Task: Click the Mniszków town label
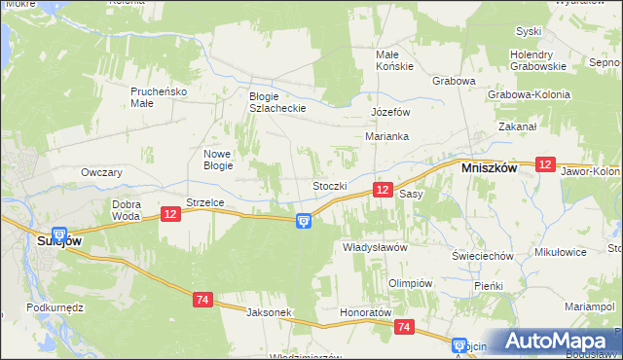click(488, 166)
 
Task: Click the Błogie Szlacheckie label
click(278, 101)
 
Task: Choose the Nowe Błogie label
click(217, 160)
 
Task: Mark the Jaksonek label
click(270, 312)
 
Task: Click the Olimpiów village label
click(409, 282)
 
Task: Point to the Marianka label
click(386, 136)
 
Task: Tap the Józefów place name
click(388, 112)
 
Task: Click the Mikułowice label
click(560, 252)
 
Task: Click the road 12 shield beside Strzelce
click(169, 213)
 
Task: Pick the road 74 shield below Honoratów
click(404, 329)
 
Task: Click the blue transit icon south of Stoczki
click(304, 222)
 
